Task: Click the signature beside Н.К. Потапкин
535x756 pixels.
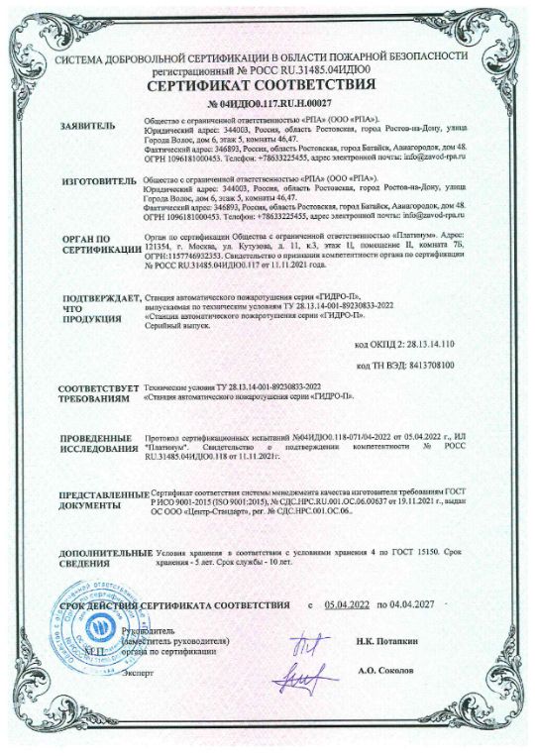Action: [305, 645]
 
